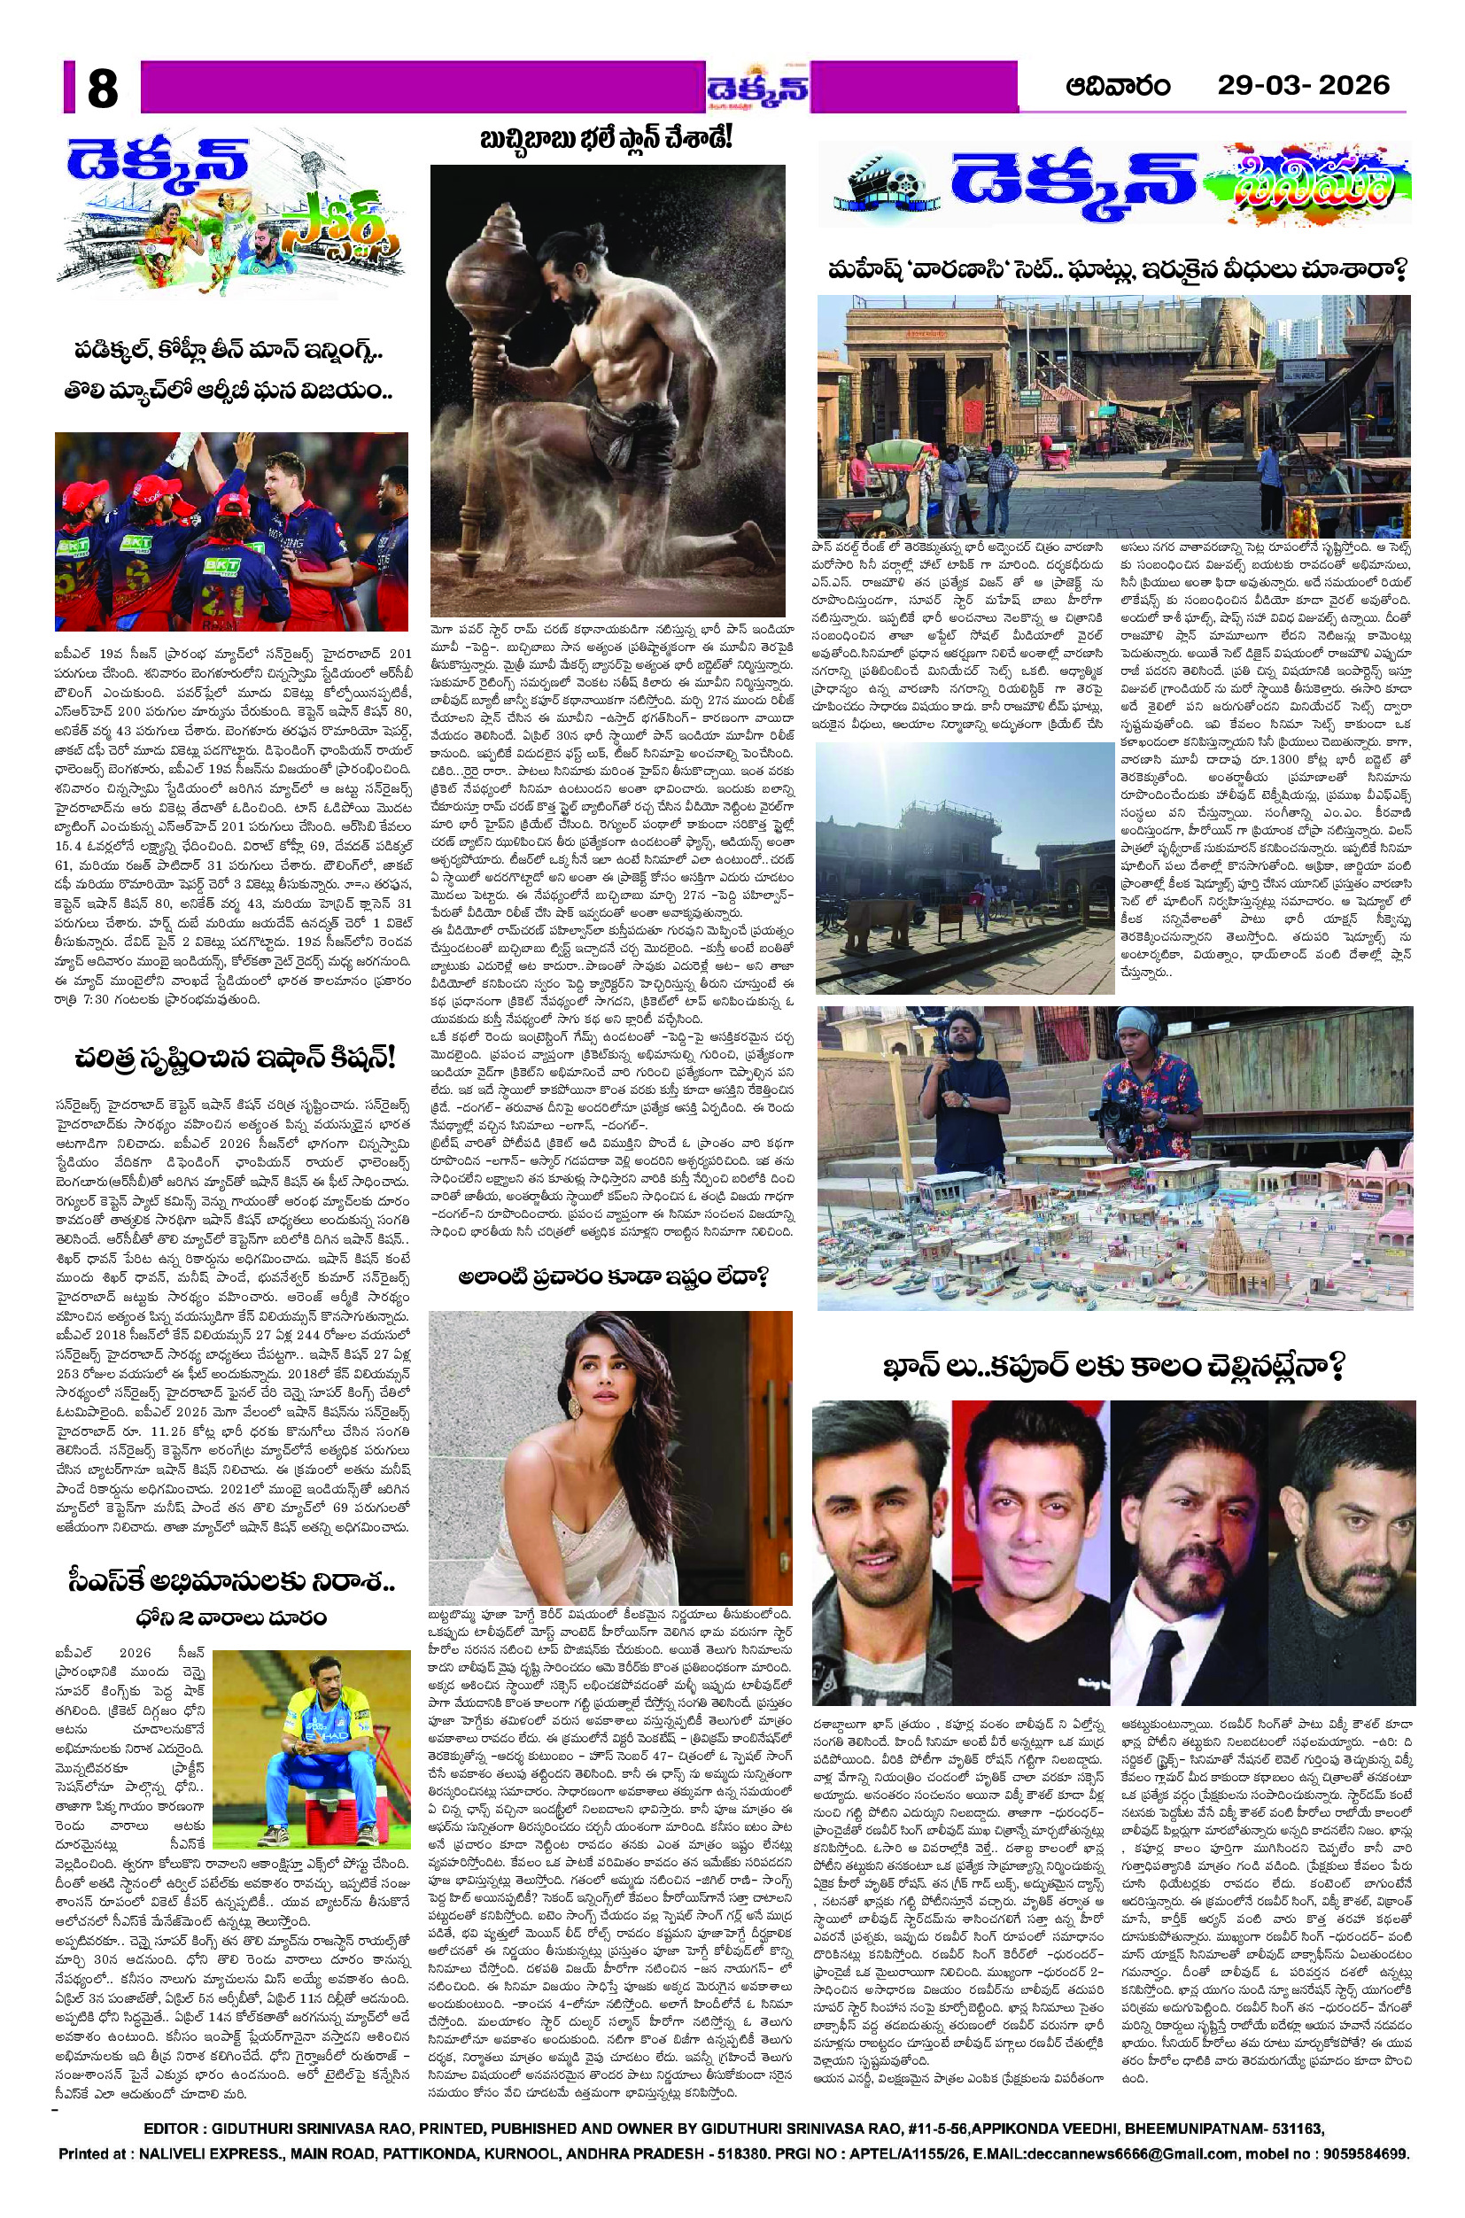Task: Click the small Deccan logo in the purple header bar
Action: click(757, 89)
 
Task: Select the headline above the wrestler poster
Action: click(606, 140)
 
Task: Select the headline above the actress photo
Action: click(612, 1276)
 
